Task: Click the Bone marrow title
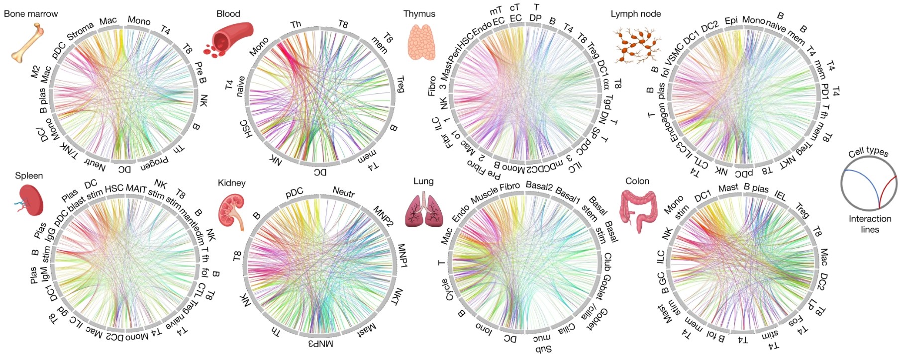pyautogui.click(x=31, y=14)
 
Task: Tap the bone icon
pyautogui.click(x=28, y=43)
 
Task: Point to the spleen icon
pyautogui.click(x=30, y=200)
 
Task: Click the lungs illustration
pyautogui.click(x=423, y=210)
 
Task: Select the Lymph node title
pyautogui.click(x=635, y=14)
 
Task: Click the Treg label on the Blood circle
pyautogui.click(x=400, y=84)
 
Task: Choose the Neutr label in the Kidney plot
pyautogui.click(x=343, y=192)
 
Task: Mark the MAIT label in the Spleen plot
pyautogui.click(x=136, y=188)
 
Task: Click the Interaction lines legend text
pyautogui.click(x=870, y=224)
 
